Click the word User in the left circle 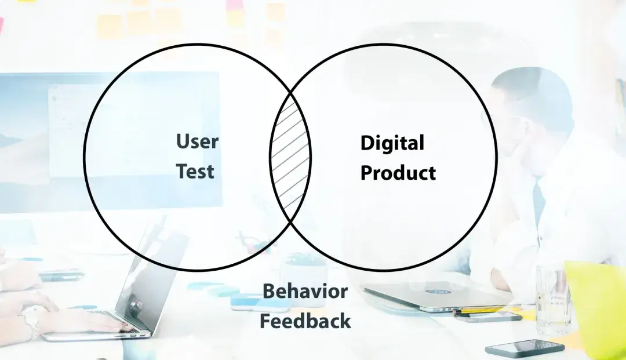point(197,141)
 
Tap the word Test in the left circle point(195,171)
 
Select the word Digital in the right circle point(392,143)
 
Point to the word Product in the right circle point(398,173)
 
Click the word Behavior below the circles point(305,291)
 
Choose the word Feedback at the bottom point(305,321)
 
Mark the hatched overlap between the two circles point(290,157)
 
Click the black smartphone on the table point(525,348)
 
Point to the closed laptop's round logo point(441,291)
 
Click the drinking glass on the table point(552,299)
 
